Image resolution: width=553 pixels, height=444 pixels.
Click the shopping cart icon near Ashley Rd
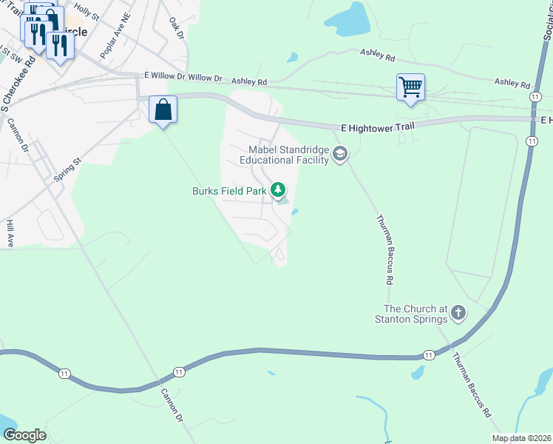click(x=410, y=87)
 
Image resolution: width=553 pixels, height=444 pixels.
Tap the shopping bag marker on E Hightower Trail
click(x=163, y=110)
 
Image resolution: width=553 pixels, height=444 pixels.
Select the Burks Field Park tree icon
click(x=279, y=191)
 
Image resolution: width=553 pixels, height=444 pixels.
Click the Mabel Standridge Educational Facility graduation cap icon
click(x=340, y=155)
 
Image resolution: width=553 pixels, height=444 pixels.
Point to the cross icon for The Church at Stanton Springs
click(x=458, y=313)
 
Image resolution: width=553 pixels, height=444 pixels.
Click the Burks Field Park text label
click(x=228, y=191)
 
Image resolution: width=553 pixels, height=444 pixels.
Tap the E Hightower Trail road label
click(x=378, y=127)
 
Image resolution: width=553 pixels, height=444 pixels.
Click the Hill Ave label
click(x=10, y=232)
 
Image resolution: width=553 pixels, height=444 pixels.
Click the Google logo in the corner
click(x=24, y=435)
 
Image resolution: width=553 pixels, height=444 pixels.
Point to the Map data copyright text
click(x=522, y=438)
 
